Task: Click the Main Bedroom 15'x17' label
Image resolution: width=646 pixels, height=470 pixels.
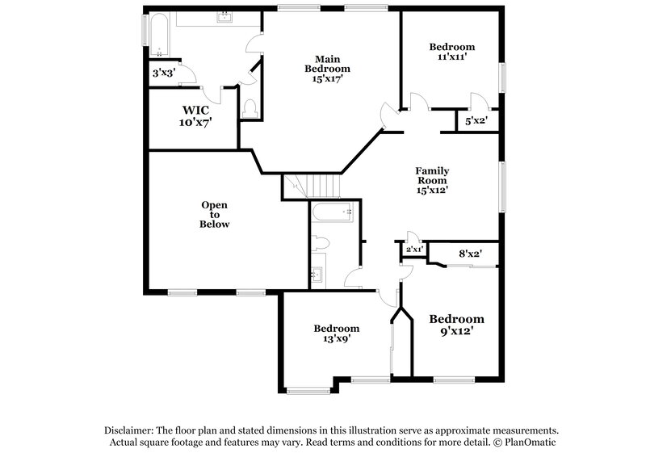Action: pos(327,69)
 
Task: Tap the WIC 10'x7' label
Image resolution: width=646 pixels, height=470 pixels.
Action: pos(195,115)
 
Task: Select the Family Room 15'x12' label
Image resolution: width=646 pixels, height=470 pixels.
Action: pos(432,181)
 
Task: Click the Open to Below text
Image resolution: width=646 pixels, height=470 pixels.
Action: pos(215,214)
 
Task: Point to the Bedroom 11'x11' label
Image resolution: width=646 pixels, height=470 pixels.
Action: pos(451,52)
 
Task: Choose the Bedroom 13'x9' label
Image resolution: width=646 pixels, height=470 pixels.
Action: pos(336,334)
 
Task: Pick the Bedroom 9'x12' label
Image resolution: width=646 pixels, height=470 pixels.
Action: pos(456,325)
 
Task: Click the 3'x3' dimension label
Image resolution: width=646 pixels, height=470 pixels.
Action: pos(164,73)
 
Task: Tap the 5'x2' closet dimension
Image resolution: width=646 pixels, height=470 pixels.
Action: pos(476,121)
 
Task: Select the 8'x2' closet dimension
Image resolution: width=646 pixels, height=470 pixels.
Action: pos(470,254)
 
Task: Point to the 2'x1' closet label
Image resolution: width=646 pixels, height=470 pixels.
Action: pos(413,250)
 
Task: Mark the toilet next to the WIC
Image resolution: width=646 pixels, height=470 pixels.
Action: pos(250,108)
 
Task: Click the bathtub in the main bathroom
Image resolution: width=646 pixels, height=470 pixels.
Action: pos(157,36)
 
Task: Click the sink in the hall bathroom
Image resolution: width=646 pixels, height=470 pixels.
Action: pos(318,274)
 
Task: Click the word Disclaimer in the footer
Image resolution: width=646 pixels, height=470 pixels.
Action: pos(131,430)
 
